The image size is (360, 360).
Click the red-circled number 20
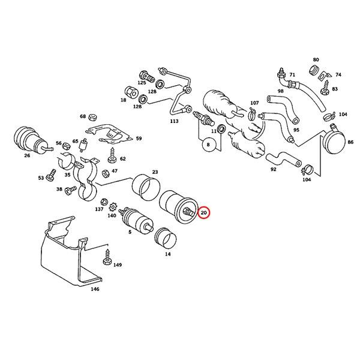pyautogui.click(x=204, y=213)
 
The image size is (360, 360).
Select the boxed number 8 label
pyautogui.click(x=208, y=144)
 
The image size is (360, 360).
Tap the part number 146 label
pyautogui.click(x=95, y=289)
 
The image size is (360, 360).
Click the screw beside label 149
pyautogui.click(x=108, y=262)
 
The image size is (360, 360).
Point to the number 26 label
pyautogui.click(x=27, y=156)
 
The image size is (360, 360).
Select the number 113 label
pyautogui.click(x=175, y=121)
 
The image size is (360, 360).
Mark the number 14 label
pyautogui.click(x=167, y=254)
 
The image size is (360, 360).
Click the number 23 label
pyautogui.click(x=155, y=172)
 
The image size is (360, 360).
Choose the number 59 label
pyautogui.click(x=139, y=139)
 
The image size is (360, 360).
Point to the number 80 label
pyautogui.click(x=316, y=60)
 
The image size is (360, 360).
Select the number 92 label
pyautogui.click(x=273, y=169)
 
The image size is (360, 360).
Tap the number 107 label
pyautogui.click(x=254, y=103)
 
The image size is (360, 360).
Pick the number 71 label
pyautogui.click(x=293, y=75)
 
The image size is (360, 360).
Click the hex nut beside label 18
pyautogui.click(x=128, y=91)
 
